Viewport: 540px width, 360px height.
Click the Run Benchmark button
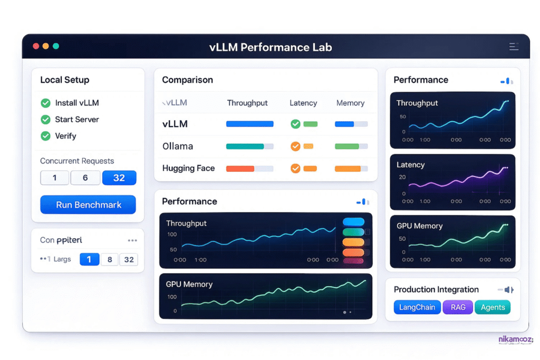[88, 205]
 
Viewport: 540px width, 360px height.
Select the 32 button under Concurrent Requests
[119, 178]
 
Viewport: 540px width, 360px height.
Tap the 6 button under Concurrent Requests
[85, 178]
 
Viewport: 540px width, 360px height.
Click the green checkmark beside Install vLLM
[46, 103]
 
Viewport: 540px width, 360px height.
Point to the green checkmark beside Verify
[46, 136]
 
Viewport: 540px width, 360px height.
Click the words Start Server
[77, 120]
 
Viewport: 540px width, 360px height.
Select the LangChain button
[417, 307]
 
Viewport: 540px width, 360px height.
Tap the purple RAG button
[458, 307]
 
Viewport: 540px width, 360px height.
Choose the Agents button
[493, 307]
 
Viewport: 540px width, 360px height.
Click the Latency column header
[303, 103]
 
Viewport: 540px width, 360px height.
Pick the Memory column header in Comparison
[350, 103]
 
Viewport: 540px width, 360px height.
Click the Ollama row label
[178, 146]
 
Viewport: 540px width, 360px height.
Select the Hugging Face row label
[188, 168]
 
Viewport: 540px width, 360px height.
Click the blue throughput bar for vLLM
[249, 124]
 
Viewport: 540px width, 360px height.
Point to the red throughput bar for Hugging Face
[240, 169]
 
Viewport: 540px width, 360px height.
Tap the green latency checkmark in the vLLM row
[295, 124]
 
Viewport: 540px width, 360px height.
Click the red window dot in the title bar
[36, 46]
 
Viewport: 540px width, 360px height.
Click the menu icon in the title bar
[514, 46]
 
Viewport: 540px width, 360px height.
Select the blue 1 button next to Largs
[89, 259]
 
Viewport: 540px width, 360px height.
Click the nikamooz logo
[515, 340]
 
